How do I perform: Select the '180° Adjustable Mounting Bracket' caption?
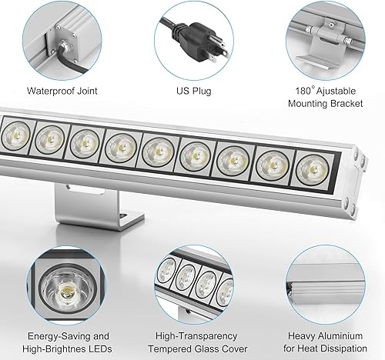tap(323, 95)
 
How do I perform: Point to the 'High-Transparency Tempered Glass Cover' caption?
tap(194, 342)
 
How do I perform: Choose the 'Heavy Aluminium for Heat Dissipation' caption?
tap(324, 342)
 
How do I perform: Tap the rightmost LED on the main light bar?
tap(310, 169)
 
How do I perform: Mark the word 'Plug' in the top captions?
tap(204, 90)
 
